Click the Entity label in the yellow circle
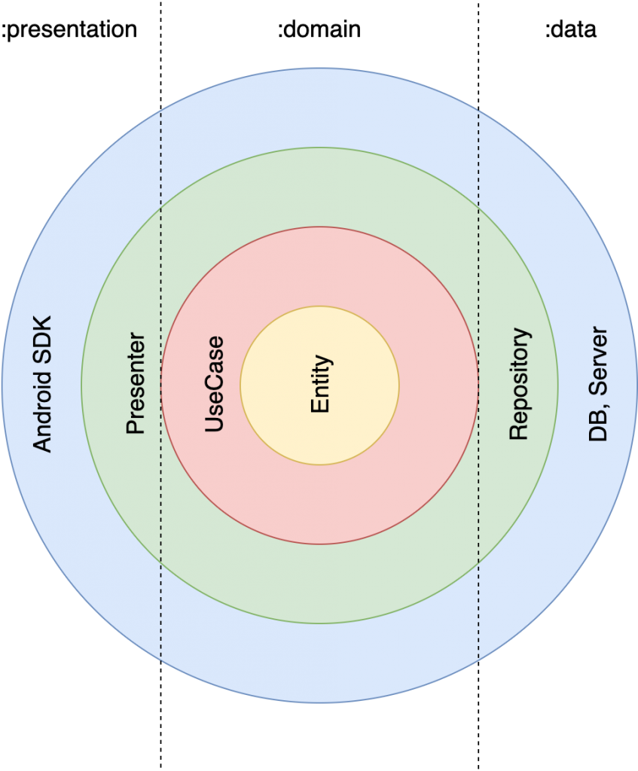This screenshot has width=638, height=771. click(x=320, y=384)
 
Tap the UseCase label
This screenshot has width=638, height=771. click(x=215, y=384)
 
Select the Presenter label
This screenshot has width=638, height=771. click(x=136, y=384)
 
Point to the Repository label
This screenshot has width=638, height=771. click(x=519, y=384)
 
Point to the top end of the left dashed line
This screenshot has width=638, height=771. click(x=160, y=112)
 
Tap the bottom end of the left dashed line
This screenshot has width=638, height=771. click(x=160, y=660)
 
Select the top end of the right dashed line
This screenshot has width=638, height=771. click(x=478, y=112)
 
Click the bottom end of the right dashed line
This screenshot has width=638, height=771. click(x=478, y=660)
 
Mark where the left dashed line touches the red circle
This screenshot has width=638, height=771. click(x=161, y=385)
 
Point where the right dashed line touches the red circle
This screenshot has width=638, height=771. click(x=478, y=385)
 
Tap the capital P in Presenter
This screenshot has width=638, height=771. click(x=136, y=428)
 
